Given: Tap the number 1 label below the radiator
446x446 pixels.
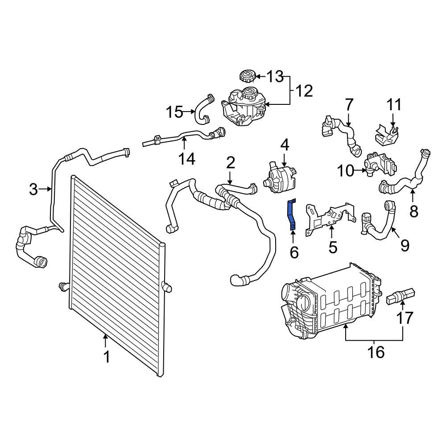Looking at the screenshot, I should coord(106,357).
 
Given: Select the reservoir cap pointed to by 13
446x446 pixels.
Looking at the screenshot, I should coord(247,75).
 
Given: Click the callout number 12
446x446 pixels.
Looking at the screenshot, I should coord(304,91).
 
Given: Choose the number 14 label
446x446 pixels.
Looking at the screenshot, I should coord(187,158).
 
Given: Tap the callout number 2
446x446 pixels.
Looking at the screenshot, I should coord(230,163).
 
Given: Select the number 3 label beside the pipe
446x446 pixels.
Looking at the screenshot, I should coord(33,190).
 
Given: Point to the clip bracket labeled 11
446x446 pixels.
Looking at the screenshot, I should coord(386,134).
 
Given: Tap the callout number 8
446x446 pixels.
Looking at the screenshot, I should coord(414,211).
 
